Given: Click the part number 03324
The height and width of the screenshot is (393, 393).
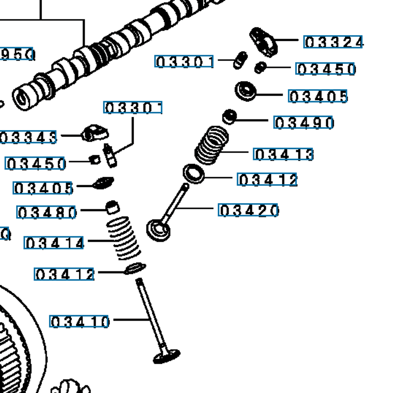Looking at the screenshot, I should [333, 42].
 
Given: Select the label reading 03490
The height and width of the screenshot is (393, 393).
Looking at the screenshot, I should [304, 122].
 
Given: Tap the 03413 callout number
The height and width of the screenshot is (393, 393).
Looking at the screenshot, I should [283, 154].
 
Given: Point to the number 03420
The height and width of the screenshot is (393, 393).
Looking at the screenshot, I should [248, 210].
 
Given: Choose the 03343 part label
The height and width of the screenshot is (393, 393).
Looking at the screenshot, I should [28, 137].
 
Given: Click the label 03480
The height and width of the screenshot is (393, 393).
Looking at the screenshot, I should [47, 213].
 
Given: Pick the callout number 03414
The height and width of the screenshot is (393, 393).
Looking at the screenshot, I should [54, 243].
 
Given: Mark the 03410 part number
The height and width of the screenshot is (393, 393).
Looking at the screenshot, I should [79, 322].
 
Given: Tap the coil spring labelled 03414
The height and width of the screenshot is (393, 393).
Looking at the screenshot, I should [124, 238].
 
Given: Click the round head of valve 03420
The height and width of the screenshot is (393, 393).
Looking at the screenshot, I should [159, 230].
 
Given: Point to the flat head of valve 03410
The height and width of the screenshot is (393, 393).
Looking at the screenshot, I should [167, 357].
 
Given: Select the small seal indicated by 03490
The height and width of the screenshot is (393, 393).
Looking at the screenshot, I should [229, 117].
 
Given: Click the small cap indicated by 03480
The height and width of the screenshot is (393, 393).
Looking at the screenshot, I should [112, 208].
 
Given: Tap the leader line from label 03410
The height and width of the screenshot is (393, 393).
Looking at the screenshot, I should [129, 319].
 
